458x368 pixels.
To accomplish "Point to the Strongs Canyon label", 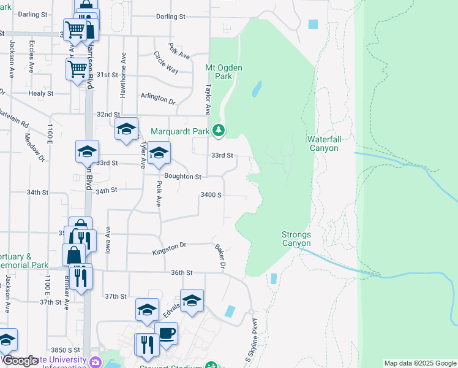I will click(x=296, y=239).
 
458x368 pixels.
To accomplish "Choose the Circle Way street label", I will click(x=166, y=63).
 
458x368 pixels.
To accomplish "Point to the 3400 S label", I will click(x=211, y=195).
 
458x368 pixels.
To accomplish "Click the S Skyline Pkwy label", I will click(x=252, y=339).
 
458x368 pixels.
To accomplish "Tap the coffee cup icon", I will click(x=166, y=334).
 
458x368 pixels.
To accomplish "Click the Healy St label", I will click(x=41, y=93).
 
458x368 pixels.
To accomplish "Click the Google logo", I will click(x=21, y=361).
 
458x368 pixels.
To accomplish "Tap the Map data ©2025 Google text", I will click(x=419, y=363).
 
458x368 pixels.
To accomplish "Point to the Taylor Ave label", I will click(x=208, y=99).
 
